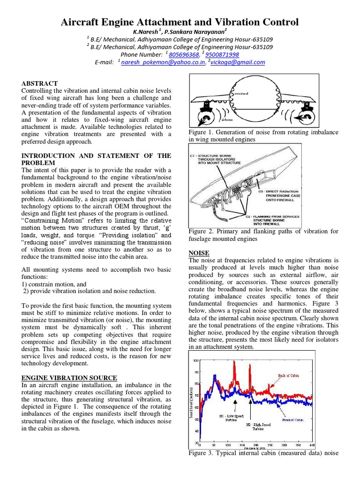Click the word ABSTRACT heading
point(39,83)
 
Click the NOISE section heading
point(199,253)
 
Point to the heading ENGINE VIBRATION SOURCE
point(69,378)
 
